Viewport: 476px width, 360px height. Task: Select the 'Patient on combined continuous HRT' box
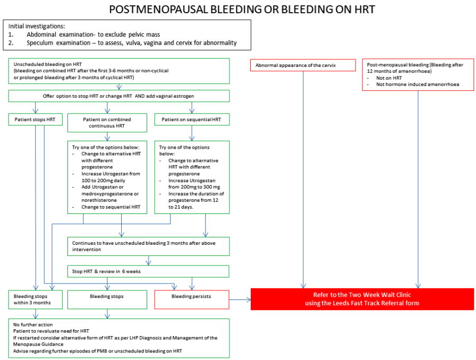coord(107,123)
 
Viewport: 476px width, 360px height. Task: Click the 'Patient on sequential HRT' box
coord(192,119)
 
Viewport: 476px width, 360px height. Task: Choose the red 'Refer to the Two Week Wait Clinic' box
coord(362,299)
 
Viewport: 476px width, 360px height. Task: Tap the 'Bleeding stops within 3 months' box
coord(35,299)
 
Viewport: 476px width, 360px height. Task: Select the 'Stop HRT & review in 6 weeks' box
coord(148,271)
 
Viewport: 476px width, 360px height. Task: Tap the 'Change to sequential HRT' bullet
coord(111,207)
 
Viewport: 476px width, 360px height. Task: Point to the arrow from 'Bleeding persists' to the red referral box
coord(240,300)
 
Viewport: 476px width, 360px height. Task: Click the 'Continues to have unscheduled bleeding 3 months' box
coord(148,246)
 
